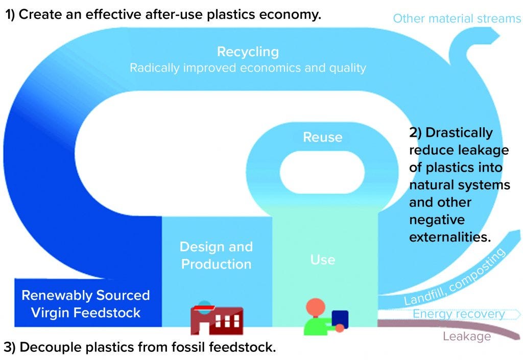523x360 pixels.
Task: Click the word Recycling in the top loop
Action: click(x=248, y=52)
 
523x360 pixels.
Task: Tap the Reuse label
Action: click(x=322, y=137)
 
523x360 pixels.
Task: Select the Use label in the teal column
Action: click(x=323, y=259)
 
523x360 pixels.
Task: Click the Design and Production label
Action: click(x=216, y=255)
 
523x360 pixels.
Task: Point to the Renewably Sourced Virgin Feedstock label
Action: click(x=85, y=304)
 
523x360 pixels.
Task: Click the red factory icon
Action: click(x=216, y=319)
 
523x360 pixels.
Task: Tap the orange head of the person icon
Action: click(x=315, y=307)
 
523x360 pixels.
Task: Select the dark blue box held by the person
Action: click(x=340, y=319)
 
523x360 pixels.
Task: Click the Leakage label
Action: click(x=466, y=337)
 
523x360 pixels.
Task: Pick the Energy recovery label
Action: click(x=458, y=314)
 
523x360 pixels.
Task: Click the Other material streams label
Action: click(x=457, y=19)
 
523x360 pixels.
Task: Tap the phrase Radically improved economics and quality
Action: click(x=248, y=68)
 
